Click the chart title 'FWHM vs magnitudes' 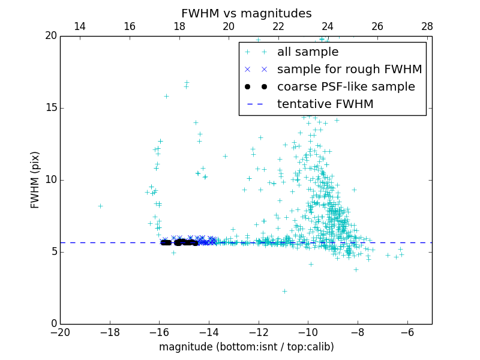[x=246, y=13]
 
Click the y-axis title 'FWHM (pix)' [x=35, y=179]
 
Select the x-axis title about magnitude [x=246, y=347]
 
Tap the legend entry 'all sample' [x=307, y=52]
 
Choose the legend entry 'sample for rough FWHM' [x=349, y=70]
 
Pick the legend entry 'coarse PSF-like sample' [x=346, y=87]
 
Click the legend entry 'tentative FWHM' [x=325, y=104]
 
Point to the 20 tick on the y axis [x=50, y=36]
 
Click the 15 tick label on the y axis [x=50, y=108]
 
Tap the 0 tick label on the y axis [x=53, y=324]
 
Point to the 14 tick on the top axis [x=80, y=26]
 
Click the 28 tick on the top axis [x=427, y=26]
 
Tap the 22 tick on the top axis [x=278, y=26]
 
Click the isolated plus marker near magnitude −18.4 [x=100, y=206]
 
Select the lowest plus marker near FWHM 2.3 [x=284, y=291]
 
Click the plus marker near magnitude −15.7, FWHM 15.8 [x=166, y=96]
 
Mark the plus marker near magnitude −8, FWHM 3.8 [x=356, y=269]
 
